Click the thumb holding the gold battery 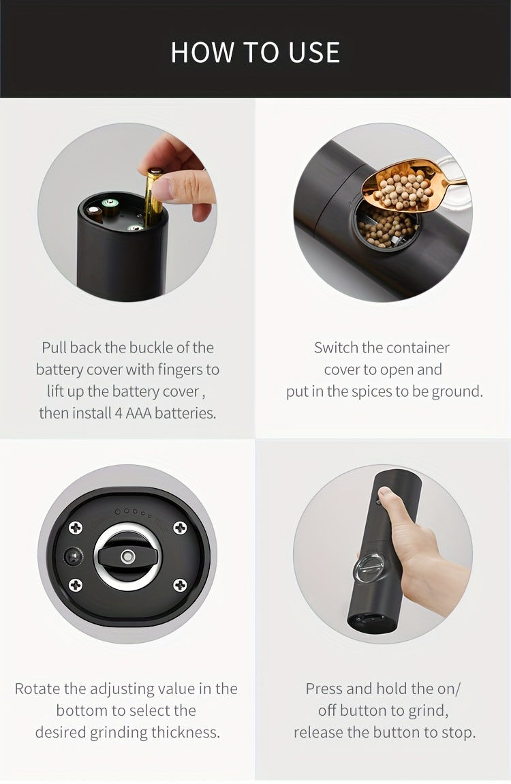[183, 185]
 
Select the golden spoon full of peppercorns [409, 184]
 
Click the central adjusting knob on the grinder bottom [127, 556]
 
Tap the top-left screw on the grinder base [76, 527]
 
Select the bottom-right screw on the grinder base [180, 584]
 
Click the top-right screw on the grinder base [180, 527]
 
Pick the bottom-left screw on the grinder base [76, 584]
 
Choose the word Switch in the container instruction [336, 348]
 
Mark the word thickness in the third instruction [189, 732]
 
